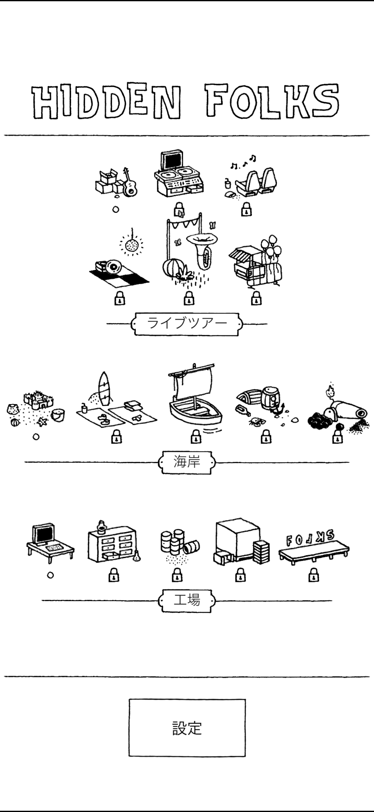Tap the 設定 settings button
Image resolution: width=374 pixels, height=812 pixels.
pyautogui.click(x=187, y=727)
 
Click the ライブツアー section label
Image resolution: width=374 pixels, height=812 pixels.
pyautogui.click(x=187, y=324)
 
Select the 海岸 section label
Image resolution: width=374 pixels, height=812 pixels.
pyautogui.click(x=187, y=462)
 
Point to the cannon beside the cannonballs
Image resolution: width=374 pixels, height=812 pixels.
pyautogui.click(x=350, y=410)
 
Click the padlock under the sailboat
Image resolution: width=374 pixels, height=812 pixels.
pyautogui.click(x=196, y=437)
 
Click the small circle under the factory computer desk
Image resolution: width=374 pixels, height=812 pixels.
pyautogui.click(x=50, y=575)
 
